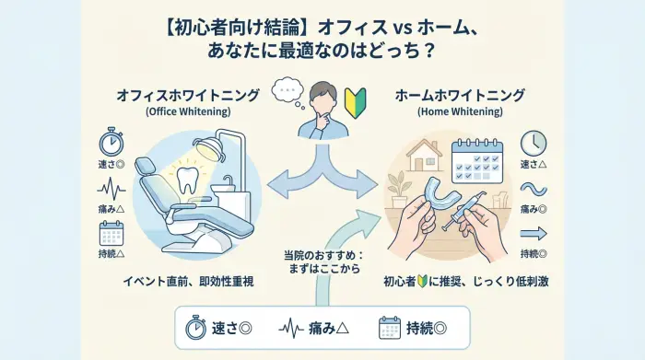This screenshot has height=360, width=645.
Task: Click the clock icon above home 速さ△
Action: [534, 143]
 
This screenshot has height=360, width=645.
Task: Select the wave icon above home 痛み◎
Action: [534, 190]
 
